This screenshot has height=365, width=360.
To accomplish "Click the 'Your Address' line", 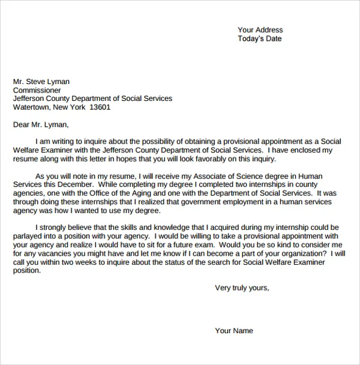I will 260,30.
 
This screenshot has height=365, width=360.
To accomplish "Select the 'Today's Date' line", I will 259,39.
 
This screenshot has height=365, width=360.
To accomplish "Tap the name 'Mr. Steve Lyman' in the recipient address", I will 41,82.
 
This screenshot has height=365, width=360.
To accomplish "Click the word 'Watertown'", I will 31,107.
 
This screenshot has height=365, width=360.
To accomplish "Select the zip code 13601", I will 100,107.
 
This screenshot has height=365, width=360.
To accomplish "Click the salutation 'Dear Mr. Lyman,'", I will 41,125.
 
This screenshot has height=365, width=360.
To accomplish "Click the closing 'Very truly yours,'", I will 242,288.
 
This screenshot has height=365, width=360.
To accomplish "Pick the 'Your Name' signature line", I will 234,331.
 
